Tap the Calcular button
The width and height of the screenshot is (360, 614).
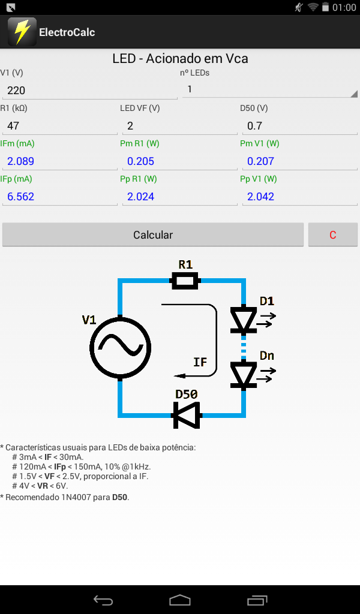pos(153,234)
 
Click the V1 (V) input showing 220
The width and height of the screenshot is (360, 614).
pos(90,91)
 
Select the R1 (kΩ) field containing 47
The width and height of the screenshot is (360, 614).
pos(60,126)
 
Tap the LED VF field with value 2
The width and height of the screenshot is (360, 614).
pos(180,126)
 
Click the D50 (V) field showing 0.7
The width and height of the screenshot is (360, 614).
pos(299,126)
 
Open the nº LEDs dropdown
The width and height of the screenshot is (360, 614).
pos(270,90)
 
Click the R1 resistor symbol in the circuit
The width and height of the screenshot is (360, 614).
pos(185,281)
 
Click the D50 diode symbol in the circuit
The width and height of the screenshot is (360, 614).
pos(187,415)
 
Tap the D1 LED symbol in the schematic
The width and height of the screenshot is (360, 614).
pos(244,320)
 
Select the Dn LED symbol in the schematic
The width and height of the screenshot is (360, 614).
pos(244,374)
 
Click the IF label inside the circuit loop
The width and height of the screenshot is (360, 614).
pos(200,362)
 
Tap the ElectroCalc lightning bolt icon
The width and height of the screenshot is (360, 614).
pos(22,32)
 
